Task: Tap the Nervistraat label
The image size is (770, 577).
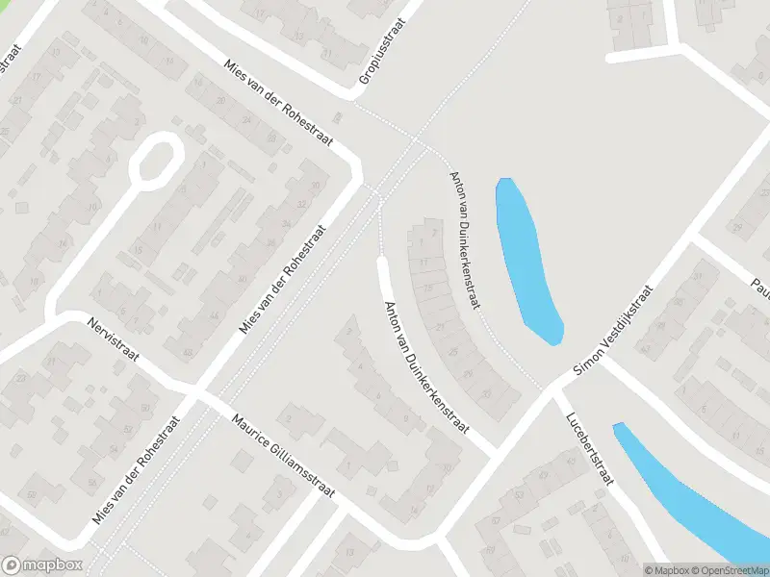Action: pyautogui.click(x=113, y=340)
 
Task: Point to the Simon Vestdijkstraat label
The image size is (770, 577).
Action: pyautogui.click(x=614, y=330)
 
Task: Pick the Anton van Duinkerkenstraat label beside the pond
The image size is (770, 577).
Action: pyautogui.click(x=466, y=238)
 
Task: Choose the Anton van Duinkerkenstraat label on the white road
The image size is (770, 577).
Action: pyautogui.click(x=425, y=367)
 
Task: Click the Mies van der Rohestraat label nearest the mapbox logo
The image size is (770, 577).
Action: pyautogui.click(x=136, y=470)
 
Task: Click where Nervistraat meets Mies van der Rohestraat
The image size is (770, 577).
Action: pyautogui.click(x=195, y=394)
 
